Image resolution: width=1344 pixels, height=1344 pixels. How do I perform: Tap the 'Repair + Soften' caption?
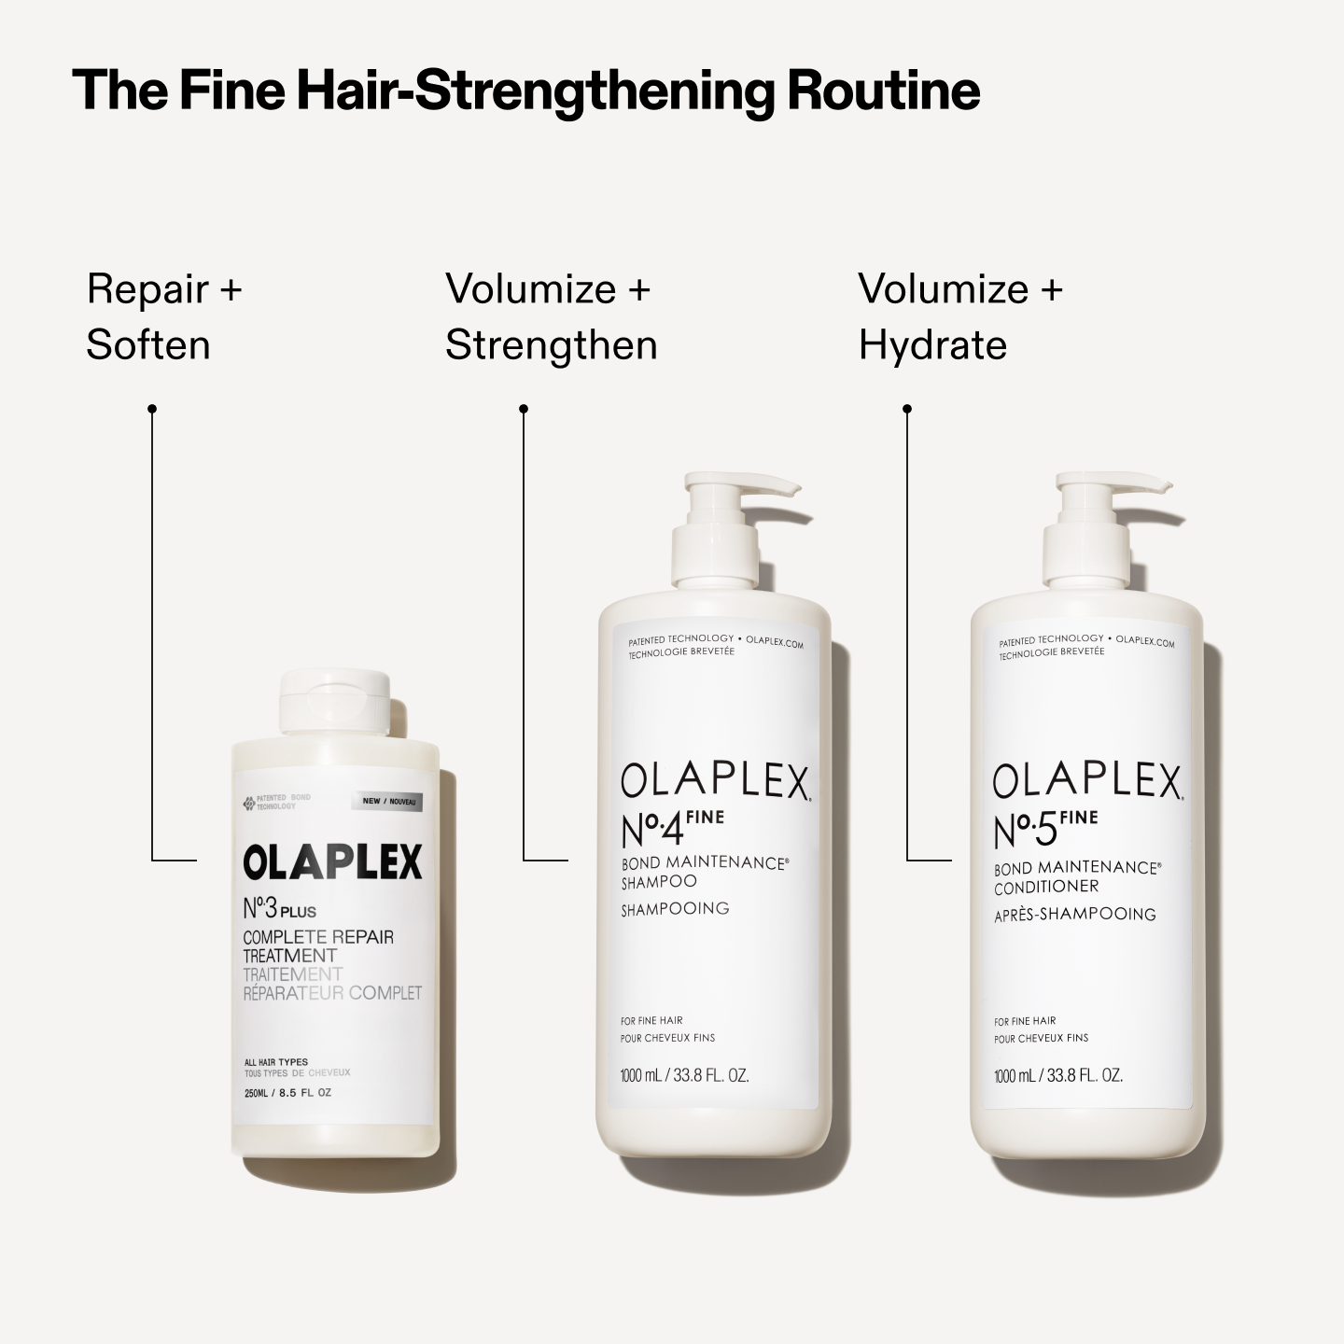click(x=164, y=316)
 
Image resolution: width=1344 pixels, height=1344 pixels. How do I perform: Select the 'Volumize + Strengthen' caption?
click(x=551, y=316)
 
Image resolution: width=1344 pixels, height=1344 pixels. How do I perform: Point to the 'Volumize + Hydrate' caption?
click(x=959, y=316)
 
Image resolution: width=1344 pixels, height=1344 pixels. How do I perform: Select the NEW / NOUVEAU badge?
click(x=389, y=802)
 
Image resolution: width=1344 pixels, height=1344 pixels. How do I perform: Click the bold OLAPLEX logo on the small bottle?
click(x=332, y=862)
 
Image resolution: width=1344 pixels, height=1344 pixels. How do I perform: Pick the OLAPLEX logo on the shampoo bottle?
click(x=714, y=781)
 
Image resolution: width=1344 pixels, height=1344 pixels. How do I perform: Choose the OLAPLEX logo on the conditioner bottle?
click(x=1087, y=781)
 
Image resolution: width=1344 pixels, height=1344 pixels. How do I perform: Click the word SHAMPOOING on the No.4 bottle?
click(x=675, y=908)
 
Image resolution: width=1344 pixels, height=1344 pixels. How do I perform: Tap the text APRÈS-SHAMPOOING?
click(x=1074, y=915)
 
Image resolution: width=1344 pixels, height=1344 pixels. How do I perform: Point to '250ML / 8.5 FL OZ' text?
click(x=287, y=1093)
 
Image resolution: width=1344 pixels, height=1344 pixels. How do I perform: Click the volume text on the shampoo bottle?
click(x=685, y=1075)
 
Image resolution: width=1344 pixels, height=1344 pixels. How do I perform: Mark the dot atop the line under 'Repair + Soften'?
click(x=152, y=409)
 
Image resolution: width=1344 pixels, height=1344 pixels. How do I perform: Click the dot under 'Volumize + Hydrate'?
click(x=907, y=409)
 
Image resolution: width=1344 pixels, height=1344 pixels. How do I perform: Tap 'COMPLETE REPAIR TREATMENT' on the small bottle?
click(x=317, y=945)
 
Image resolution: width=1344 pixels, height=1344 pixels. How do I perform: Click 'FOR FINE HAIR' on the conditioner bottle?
click(x=1025, y=1021)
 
